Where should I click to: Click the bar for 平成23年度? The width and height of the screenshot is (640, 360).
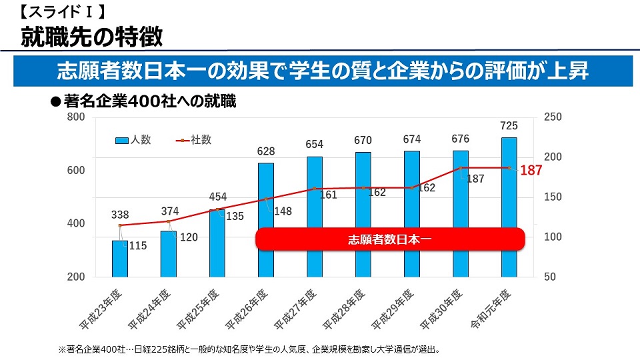click(x=120, y=258)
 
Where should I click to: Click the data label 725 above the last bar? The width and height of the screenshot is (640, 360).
click(x=509, y=126)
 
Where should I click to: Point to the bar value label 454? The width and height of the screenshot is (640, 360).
click(x=217, y=197)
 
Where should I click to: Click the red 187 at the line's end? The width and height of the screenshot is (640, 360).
click(x=531, y=171)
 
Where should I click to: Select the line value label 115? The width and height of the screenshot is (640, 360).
click(x=137, y=246)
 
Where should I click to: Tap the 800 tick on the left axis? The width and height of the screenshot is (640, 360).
click(x=76, y=118)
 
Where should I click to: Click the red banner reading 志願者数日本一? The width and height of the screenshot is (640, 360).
click(x=391, y=239)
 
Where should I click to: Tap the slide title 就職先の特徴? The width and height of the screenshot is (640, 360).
click(x=91, y=37)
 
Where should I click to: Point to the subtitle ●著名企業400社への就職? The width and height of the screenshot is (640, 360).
click(x=144, y=102)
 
